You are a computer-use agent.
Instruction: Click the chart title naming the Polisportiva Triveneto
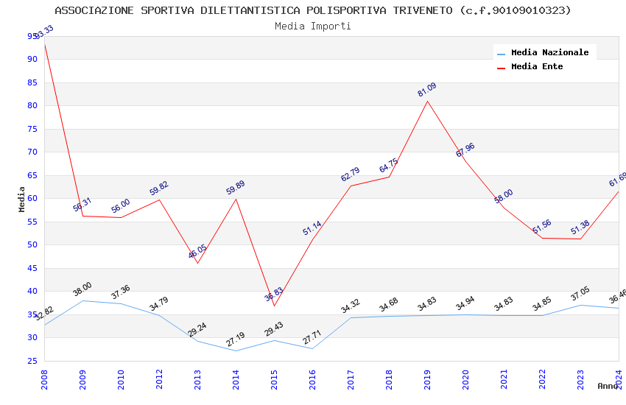pyautogui.click(x=313, y=10)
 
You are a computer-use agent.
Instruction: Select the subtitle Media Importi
pyautogui.click(x=313, y=26)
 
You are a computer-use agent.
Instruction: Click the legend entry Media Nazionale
pyautogui.click(x=549, y=52)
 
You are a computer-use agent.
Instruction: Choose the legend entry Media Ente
pyautogui.click(x=537, y=66)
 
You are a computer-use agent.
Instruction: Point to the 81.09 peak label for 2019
pyautogui.click(x=427, y=90)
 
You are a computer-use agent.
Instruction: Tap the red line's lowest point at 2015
pyautogui.click(x=274, y=306)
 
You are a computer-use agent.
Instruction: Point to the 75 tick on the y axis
pyautogui.click(x=32, y=129)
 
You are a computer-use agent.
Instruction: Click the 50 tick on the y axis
pyautogui.click(x=32, y=245)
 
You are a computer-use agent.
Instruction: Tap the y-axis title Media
pyautogui.click(x=22, y=199)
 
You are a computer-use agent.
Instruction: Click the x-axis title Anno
pyautogui.click(x=608, y=386)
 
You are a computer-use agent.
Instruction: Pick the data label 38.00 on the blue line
pyautogui.click(x=82, y=289)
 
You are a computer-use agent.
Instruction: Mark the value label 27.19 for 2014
pyautogui.click(x=236, y=339)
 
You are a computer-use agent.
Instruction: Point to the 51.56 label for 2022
pyautogui.click(x=542, y=227)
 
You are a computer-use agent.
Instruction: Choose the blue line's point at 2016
pyautogui.click(x=312, y=348)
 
